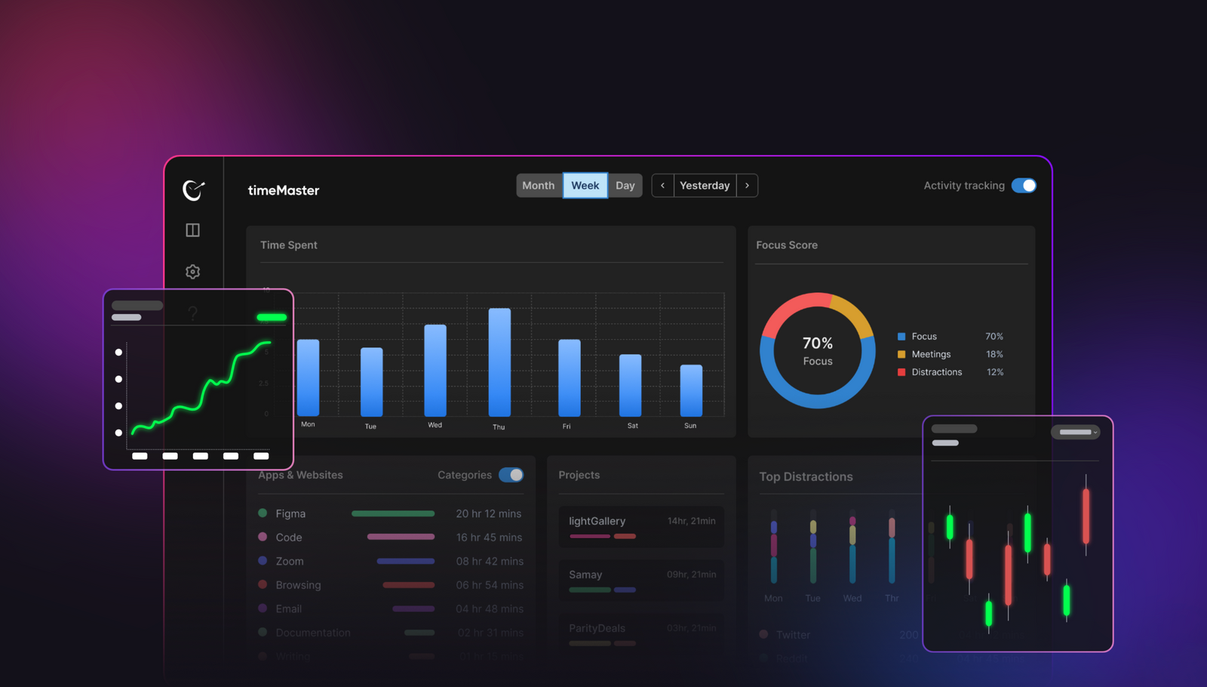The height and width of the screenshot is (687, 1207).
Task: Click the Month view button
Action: pos(538,186)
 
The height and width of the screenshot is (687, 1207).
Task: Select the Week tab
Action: pos(585,186)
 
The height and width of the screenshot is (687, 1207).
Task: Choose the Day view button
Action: pos(625,186)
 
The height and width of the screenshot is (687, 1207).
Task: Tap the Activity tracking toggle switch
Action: pos(1024,186)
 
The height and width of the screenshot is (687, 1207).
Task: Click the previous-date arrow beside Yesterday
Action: pos(662,186)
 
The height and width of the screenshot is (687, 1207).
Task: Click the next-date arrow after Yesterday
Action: pos(747,186)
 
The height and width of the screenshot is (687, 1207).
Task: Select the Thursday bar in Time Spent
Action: pos(499,362)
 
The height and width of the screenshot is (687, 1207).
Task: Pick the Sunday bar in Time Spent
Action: pos(691,390)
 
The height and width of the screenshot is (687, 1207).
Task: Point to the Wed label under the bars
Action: pos(435,425)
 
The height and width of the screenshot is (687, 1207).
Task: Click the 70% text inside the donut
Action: pos(818,343)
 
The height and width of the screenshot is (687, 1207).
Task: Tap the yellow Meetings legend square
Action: pos(901,354)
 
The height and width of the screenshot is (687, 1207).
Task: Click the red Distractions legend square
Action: pos(901,372)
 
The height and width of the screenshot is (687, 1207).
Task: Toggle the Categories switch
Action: pos(511,475)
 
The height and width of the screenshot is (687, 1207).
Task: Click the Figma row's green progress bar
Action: pos(393,513)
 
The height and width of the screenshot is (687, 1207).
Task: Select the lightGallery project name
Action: pos(597,521)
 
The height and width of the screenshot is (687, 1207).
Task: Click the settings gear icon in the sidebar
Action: pos(193,272)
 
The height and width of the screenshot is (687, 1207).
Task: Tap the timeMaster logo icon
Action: pos(194,190)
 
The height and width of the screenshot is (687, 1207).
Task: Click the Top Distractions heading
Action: pos(806,476)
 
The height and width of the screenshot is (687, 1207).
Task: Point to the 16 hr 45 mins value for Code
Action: pos(489,538)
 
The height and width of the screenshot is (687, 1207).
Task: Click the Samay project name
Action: pos(585,575)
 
